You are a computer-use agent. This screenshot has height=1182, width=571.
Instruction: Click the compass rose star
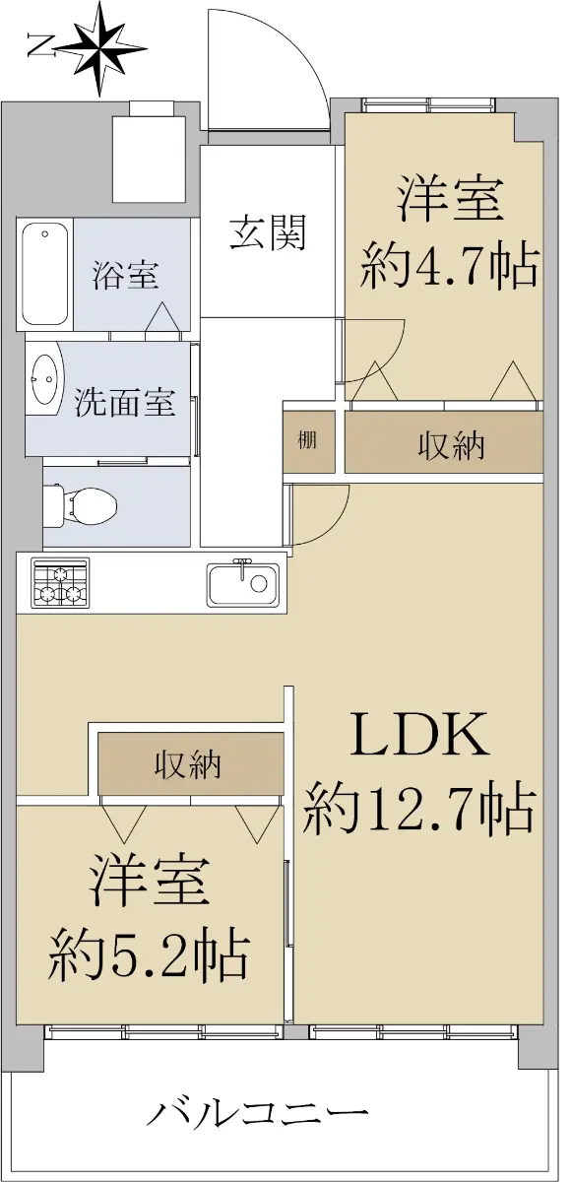point(101,49)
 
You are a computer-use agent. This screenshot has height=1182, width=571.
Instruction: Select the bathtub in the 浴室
point(45,275)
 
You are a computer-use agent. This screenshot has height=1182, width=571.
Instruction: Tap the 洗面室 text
point(124,402)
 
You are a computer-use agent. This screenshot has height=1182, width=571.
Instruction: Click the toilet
point(79,506)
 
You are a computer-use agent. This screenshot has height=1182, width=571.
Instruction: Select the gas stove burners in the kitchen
point(61,581)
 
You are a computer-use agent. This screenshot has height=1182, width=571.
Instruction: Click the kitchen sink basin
point(242,582)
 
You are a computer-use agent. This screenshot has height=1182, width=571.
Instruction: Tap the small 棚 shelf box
point(308,441)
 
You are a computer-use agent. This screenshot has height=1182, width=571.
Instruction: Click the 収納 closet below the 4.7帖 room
point(444,441)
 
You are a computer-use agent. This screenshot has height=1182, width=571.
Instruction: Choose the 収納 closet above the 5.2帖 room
point(190,763)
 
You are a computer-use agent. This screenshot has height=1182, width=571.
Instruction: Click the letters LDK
point(419,734)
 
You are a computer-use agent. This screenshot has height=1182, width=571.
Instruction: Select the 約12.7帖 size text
point(419,808)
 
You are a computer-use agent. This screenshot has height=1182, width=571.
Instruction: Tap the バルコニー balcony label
point(256,1099)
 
